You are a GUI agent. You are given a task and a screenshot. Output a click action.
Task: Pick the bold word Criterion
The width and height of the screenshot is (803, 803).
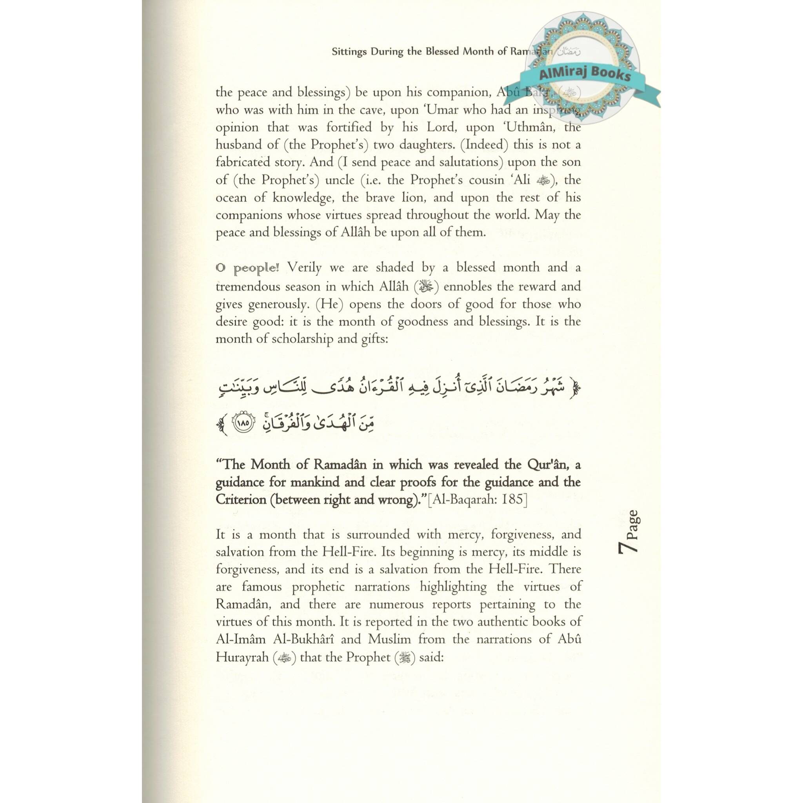click(x=241, y=499)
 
